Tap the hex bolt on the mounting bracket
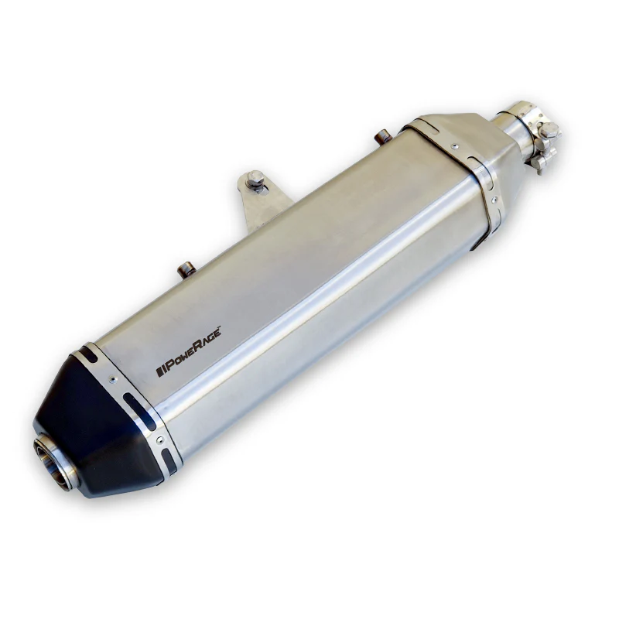pos(255,183)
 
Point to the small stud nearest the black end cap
pos(186,268)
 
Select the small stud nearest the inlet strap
pos(382,137)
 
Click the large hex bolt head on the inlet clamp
pos(549,130)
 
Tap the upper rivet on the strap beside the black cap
pos(112,379)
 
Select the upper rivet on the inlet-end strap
pos(455,145)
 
